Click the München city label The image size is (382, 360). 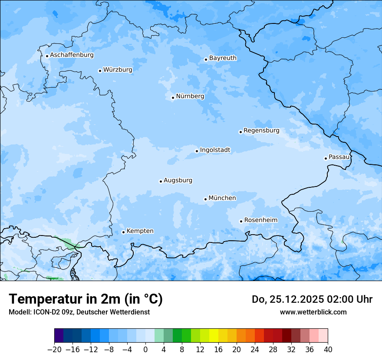click(222, 198)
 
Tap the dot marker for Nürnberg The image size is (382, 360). click(173, 98)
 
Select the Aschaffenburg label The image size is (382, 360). click(72, 55)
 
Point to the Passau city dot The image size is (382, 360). click(326, 158)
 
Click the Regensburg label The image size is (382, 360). click(261, 131)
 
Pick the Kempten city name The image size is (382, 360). click(140, 231)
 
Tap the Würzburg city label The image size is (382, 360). click(118, 70)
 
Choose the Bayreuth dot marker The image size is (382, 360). click(206, 59)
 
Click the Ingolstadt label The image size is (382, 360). click(215, 150)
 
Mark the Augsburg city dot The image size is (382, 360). click(161, 181)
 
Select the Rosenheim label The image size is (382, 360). click(260, 220)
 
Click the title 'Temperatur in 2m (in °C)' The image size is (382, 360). click(86, 299)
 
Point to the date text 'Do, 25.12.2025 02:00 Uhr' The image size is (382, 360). click(312, 299)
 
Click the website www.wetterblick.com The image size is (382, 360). click(313, 312)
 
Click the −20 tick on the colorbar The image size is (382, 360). click(55, 349)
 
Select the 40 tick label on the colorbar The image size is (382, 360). click(328, 349)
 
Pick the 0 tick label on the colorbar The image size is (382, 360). click(145, 349)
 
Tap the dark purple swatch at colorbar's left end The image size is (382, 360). click(59, 336)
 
